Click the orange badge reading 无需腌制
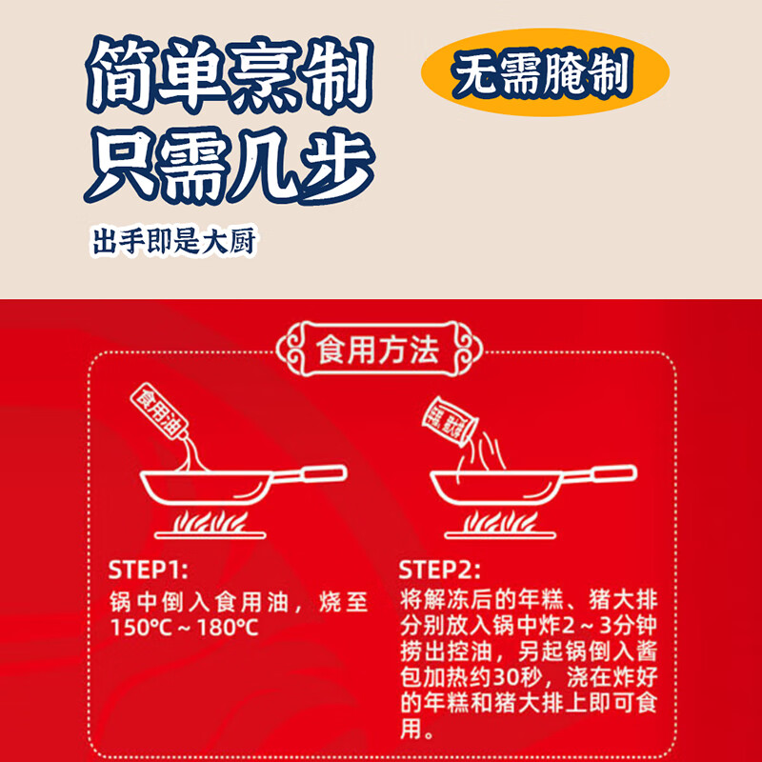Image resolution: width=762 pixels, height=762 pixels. [x=544, y=76]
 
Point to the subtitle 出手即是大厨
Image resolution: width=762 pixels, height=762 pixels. [x=173, y=242]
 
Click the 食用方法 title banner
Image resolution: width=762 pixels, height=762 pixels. [x=377, y=350]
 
